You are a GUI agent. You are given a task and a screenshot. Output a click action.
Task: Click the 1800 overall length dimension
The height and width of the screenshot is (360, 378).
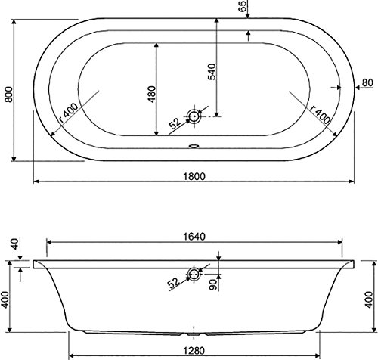(x=194, y=176)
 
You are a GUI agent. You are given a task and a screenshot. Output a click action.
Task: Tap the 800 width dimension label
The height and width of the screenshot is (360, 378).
(x=8, y=95)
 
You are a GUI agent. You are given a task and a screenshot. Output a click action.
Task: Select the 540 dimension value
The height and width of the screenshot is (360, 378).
(x=212, y=72)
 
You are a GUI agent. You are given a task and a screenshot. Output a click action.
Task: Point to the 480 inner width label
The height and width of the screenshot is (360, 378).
(x=152, y=95)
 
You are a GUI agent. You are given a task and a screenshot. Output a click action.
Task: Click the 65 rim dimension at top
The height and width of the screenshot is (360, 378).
(x=242, y=6)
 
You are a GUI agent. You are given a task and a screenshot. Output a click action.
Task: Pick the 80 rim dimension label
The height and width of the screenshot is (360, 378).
(x=367, y=82)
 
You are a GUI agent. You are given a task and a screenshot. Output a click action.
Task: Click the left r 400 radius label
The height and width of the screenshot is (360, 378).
(x=68, y=112)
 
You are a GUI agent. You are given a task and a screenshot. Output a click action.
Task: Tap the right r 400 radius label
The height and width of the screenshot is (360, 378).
(x=321, y=114)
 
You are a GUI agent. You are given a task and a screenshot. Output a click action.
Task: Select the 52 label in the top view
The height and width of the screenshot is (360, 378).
(x=175, y=123)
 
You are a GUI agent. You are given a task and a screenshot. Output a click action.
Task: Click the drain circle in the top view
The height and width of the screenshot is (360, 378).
(x=194, y=116)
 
